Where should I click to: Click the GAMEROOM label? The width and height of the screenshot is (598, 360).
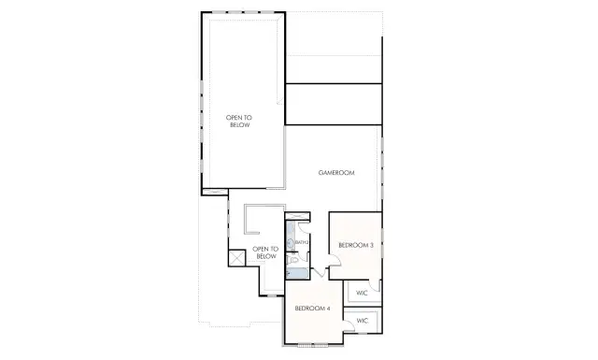click(x=334, y=173)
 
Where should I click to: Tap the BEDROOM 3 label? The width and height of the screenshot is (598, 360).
click(x=355, y=245)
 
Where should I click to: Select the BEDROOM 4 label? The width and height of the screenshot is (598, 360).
click(x=312, y=308)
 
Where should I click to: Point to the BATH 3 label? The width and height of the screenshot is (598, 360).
click(x=301, y=243)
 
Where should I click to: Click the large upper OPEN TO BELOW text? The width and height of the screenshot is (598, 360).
click(x=239, y=121)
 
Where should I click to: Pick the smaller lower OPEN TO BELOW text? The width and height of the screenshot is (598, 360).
click(x=266, y=252)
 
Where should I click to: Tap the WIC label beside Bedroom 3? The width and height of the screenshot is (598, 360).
click(x=363, y=293)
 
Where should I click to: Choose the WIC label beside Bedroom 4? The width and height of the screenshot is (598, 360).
click(x=363, y=321)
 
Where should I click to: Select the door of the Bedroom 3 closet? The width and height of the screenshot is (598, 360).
click(x=373, y=284)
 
